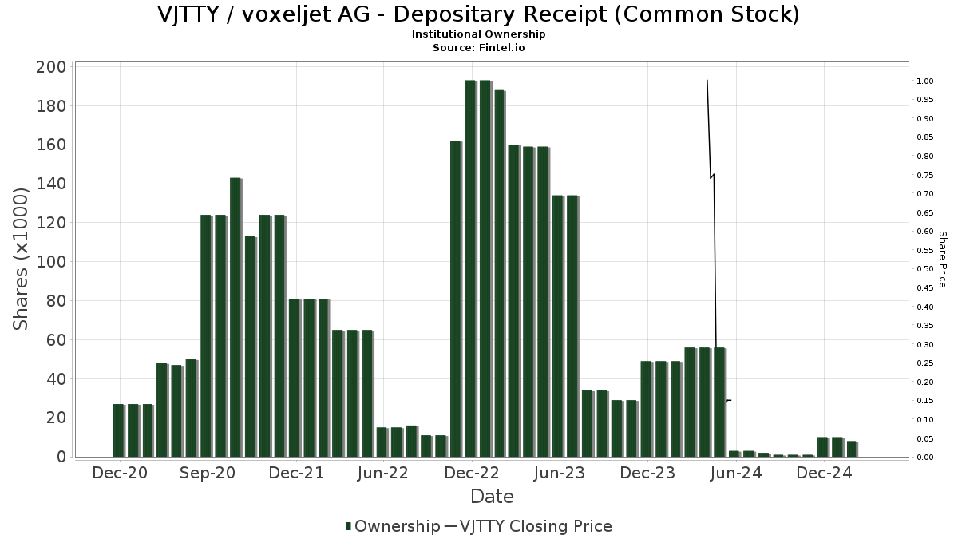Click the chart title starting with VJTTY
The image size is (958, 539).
[478, 14]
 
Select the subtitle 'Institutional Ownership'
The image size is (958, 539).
[478, 34]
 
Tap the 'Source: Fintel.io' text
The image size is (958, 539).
[478, 47]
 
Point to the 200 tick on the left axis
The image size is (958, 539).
[50, 67]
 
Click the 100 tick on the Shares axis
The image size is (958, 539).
[50, 262]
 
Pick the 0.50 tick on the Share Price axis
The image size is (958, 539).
[924, 269]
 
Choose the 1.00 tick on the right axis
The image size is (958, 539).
[924, 81]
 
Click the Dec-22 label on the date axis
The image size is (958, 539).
[472, 473]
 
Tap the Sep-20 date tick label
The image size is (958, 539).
[208, 473]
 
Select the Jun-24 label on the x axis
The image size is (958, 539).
[736, 473]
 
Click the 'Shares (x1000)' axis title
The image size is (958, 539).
[22, 259]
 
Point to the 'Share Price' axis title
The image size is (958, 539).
[942, 259]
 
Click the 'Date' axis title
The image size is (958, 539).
[492, 497]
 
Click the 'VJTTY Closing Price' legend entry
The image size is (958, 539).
[528, 526]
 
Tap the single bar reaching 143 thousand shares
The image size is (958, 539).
[235, 317]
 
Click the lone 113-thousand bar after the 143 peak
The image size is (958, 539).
[250, 347]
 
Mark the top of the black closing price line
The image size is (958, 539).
[707, 81]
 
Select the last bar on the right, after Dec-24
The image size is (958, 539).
[851, 449]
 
